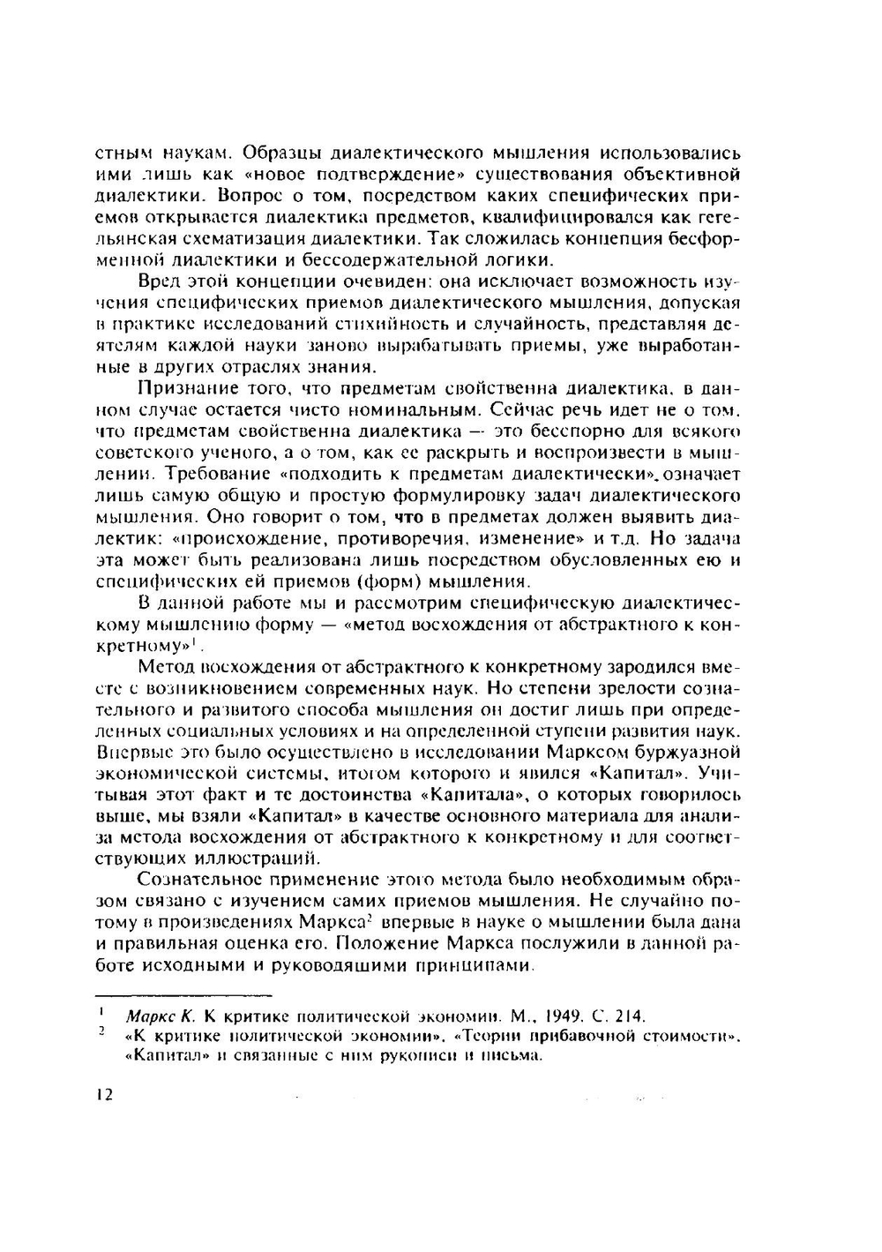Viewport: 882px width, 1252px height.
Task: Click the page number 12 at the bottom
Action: tap(104, 1095)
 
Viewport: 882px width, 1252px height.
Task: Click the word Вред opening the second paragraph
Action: tap(159, 281)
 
